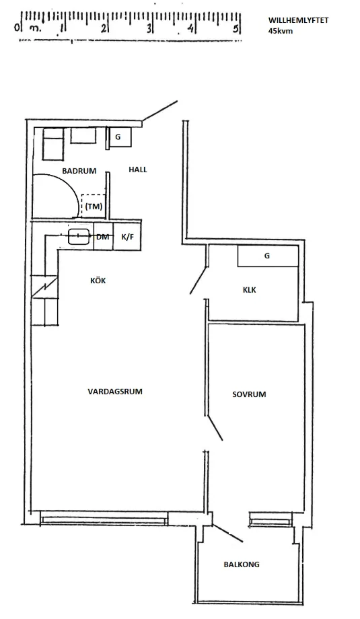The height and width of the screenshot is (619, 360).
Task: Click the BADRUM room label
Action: pos(79,171)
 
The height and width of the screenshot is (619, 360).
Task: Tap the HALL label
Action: pos(138,170)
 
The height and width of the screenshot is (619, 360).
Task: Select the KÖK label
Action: pos(98,281)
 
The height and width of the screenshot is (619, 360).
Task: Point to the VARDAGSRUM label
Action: pos(115,392)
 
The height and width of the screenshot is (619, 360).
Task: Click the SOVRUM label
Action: pos(249,394)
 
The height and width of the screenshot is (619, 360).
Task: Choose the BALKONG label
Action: pos(242,565)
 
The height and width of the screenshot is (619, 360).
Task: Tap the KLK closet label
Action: pos(250,290)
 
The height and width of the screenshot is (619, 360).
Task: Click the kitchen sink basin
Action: pos(78,236)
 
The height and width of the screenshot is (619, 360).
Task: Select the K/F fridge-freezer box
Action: pos(127,236)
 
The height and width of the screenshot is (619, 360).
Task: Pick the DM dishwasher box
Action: pos(104,236)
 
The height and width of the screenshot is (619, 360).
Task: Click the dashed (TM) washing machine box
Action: pos(94,206)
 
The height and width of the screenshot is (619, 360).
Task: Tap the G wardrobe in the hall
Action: pos(120,137)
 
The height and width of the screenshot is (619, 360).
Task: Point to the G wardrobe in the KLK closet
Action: pos(268,256)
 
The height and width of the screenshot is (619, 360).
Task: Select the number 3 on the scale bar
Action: pos(149,28)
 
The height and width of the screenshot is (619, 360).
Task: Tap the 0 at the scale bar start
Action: pos(17,27)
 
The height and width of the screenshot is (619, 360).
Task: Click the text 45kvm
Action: pos(281,31)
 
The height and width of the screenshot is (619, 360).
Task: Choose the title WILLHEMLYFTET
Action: pos(298,21)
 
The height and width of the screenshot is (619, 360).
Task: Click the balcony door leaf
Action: pos(227,533)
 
